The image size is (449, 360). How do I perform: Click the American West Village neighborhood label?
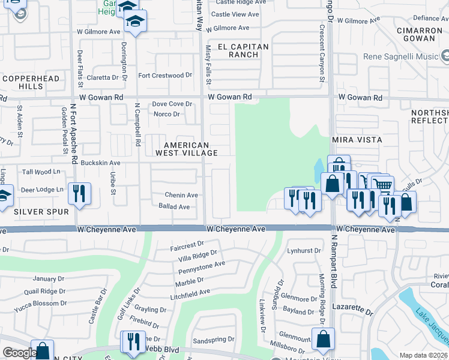coord(186,149)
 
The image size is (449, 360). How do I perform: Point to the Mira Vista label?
coord(357,140)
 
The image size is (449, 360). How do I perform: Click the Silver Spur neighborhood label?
coord(41,212)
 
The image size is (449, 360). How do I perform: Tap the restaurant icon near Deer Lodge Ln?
coord(79,193)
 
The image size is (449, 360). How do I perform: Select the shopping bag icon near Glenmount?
coord(323,338)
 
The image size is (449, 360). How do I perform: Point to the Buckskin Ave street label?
coord(101,163)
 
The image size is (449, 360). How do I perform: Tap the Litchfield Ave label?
coord(190,292)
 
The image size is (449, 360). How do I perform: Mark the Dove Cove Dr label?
coord(172,104)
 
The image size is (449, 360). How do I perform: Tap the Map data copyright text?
coord(423,355)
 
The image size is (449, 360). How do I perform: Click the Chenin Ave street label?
coord(181,195)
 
